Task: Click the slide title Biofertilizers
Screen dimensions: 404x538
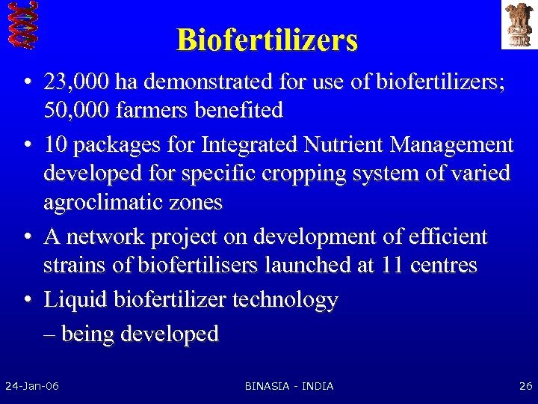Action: [x=267, y=40]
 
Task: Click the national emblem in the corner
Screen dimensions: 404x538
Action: [x=518, y=25]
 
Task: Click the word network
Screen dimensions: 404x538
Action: [x=105, y=237]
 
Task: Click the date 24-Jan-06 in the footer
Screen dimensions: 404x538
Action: [x=32, y=386]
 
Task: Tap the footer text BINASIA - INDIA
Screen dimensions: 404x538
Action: [x=289, y=386]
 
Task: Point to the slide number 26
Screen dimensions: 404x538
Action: [x=525, y=386]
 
